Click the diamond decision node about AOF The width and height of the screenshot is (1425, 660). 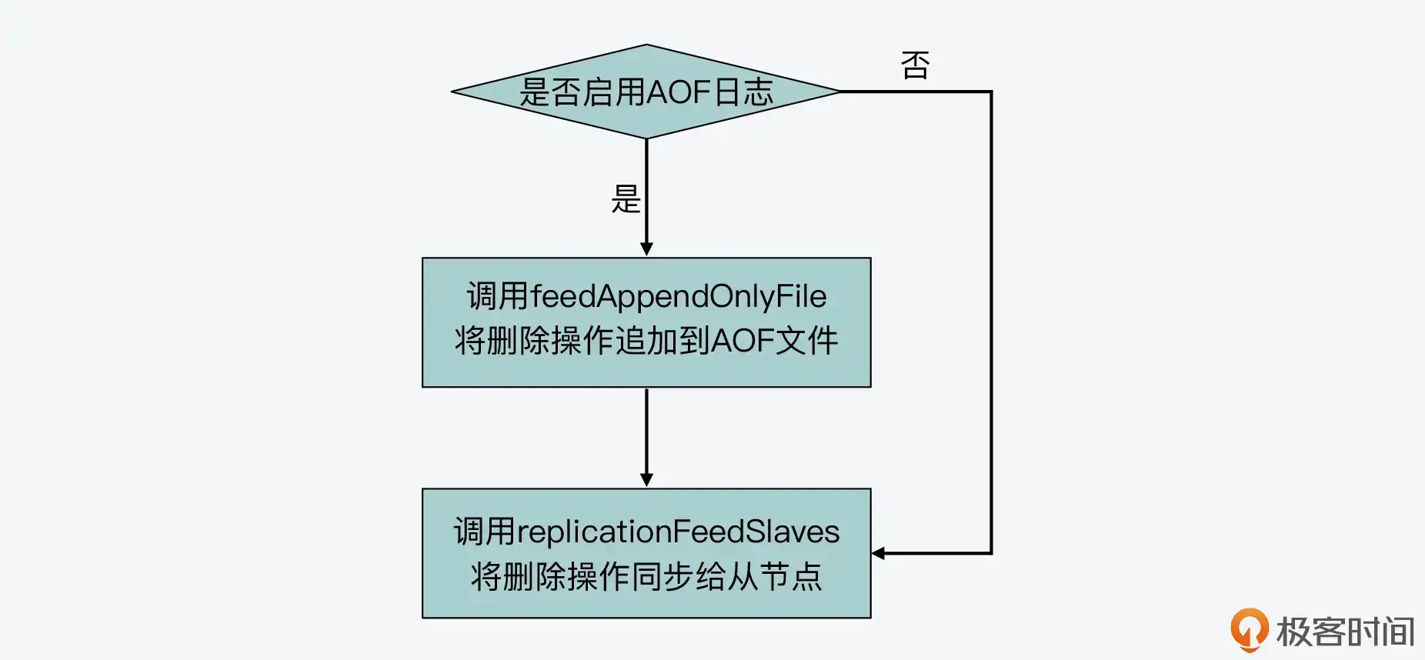(646, 92)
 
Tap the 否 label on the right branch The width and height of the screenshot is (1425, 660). (915, 65)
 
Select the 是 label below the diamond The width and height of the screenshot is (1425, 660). (625, 199)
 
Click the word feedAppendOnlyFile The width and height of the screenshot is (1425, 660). (678, 296)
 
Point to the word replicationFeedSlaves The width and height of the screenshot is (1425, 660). (678, 532)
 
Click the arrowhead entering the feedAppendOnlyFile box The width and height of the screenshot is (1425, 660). (646, 249)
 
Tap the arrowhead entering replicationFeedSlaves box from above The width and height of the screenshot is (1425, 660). (646, 480)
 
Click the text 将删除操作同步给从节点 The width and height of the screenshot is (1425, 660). (646, 576)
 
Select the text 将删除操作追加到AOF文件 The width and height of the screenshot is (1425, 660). (646, 341)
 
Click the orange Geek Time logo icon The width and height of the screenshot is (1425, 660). (1248, 628)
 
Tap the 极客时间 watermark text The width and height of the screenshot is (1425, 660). (1345, 632)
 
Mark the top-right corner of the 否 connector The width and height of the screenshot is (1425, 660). (991, 92)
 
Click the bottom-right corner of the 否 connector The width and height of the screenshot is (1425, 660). (991, 552)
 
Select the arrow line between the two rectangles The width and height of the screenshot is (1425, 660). (646, 435)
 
